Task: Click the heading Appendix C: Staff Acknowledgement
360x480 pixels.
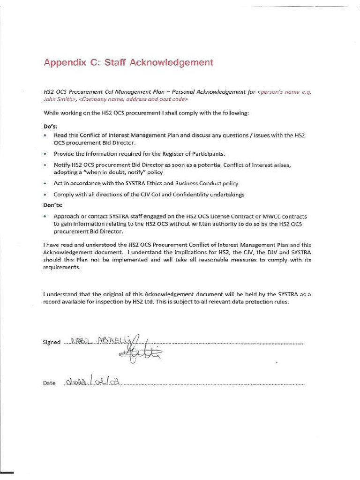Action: click(128, 62)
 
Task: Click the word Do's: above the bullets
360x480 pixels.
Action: click(50, 127)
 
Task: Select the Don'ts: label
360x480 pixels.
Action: click(53, 205)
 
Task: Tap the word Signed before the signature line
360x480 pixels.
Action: click(52, 342)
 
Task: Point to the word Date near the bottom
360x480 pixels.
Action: click(49, 383)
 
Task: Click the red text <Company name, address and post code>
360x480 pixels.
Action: click(134, 99)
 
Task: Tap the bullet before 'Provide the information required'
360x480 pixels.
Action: click(45, 154)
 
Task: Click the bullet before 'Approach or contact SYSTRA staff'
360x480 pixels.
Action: click(45, 217)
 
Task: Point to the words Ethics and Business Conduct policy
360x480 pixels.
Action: click(187, 183)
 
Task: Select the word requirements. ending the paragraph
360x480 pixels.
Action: click(62, 268)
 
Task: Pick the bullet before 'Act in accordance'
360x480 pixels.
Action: click(45, 184)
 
